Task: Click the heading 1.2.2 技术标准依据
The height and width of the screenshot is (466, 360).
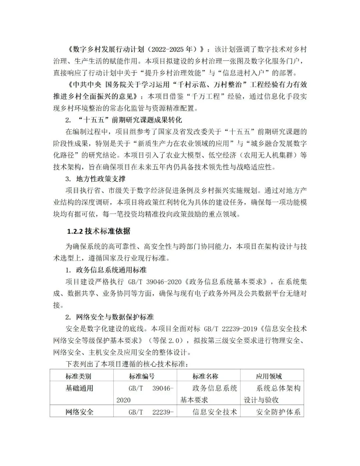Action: point(99,231)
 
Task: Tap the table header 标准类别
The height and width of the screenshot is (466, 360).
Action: point(78,376)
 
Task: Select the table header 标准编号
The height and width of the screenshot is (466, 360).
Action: point(142,376)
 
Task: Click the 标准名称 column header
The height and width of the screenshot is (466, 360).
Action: point(205,376)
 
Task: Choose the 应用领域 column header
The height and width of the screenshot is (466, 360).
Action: point(269,376)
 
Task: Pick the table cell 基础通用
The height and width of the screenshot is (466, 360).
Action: point(79,388)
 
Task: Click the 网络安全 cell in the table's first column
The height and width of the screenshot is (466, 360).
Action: point(79,412)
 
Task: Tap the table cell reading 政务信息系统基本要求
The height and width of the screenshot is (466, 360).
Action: point(209,394)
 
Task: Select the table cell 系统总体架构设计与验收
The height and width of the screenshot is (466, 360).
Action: point(272,394)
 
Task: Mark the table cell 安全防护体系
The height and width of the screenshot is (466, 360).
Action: point(278,412)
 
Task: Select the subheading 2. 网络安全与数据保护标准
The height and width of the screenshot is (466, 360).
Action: point(110,317)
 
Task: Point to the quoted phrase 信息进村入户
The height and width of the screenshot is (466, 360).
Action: point(248,73)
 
